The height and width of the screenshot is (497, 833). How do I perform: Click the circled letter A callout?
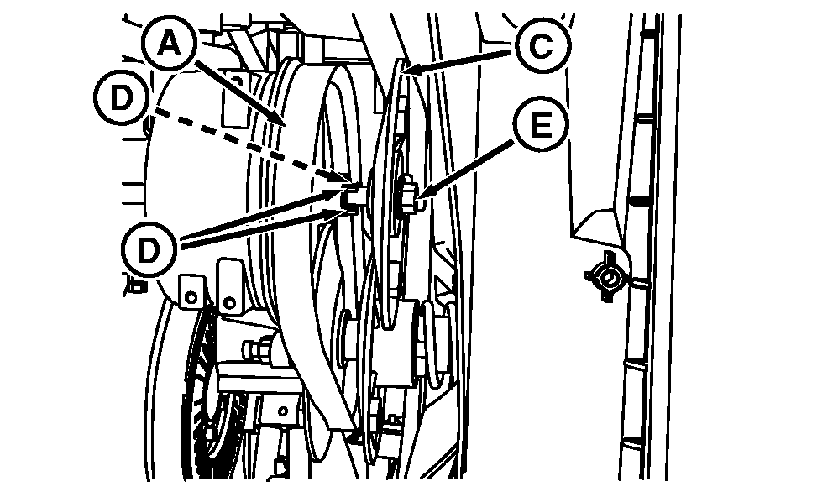click(170, 44)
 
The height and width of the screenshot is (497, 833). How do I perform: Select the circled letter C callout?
click(542, 46)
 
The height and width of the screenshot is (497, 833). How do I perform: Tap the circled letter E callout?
click(542, 125)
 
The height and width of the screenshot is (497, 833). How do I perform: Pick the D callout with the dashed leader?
click(122, 98)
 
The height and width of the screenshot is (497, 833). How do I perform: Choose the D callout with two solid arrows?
click(149, 249)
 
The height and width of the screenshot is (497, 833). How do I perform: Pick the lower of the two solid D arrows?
click(261, 228)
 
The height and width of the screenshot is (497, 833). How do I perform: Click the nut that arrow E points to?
click(408, 194)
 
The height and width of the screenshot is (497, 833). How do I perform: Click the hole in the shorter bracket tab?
click(193, 296)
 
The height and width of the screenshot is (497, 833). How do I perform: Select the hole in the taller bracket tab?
click(230, 303)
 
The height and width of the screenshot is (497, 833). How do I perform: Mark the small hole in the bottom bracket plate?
click(284, 411)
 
